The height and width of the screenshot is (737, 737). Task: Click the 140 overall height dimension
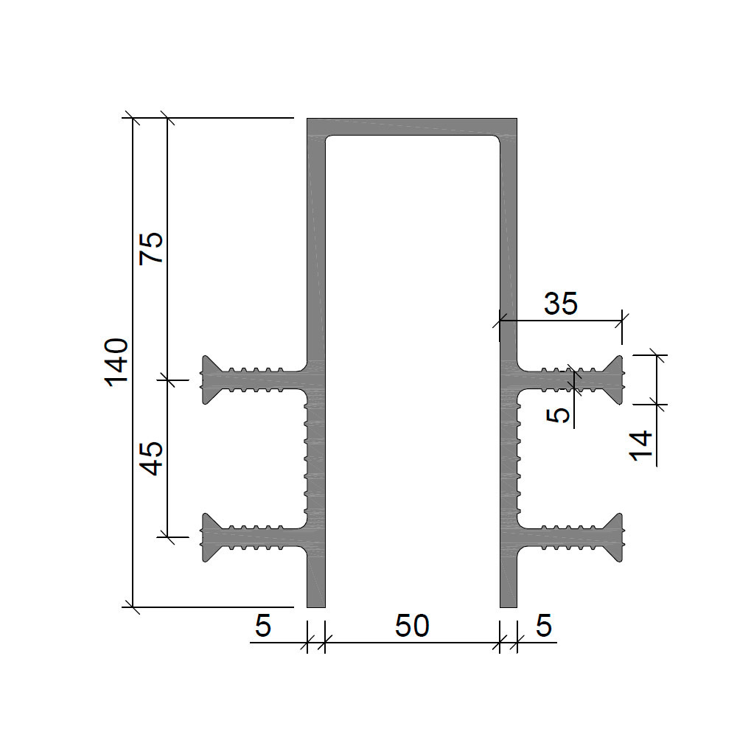(116, 363)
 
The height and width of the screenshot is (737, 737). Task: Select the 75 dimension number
(151, 248)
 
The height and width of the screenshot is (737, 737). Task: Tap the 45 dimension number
(151, 458)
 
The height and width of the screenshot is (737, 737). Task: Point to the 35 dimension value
(561, 304)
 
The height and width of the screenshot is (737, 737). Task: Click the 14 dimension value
(640, 446)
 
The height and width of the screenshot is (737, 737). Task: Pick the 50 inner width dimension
(412, 626)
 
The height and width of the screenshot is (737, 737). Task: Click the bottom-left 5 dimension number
(263, 626)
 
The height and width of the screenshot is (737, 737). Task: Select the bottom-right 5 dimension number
(544, 626)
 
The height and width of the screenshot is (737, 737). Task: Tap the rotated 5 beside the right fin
(559, 416)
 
